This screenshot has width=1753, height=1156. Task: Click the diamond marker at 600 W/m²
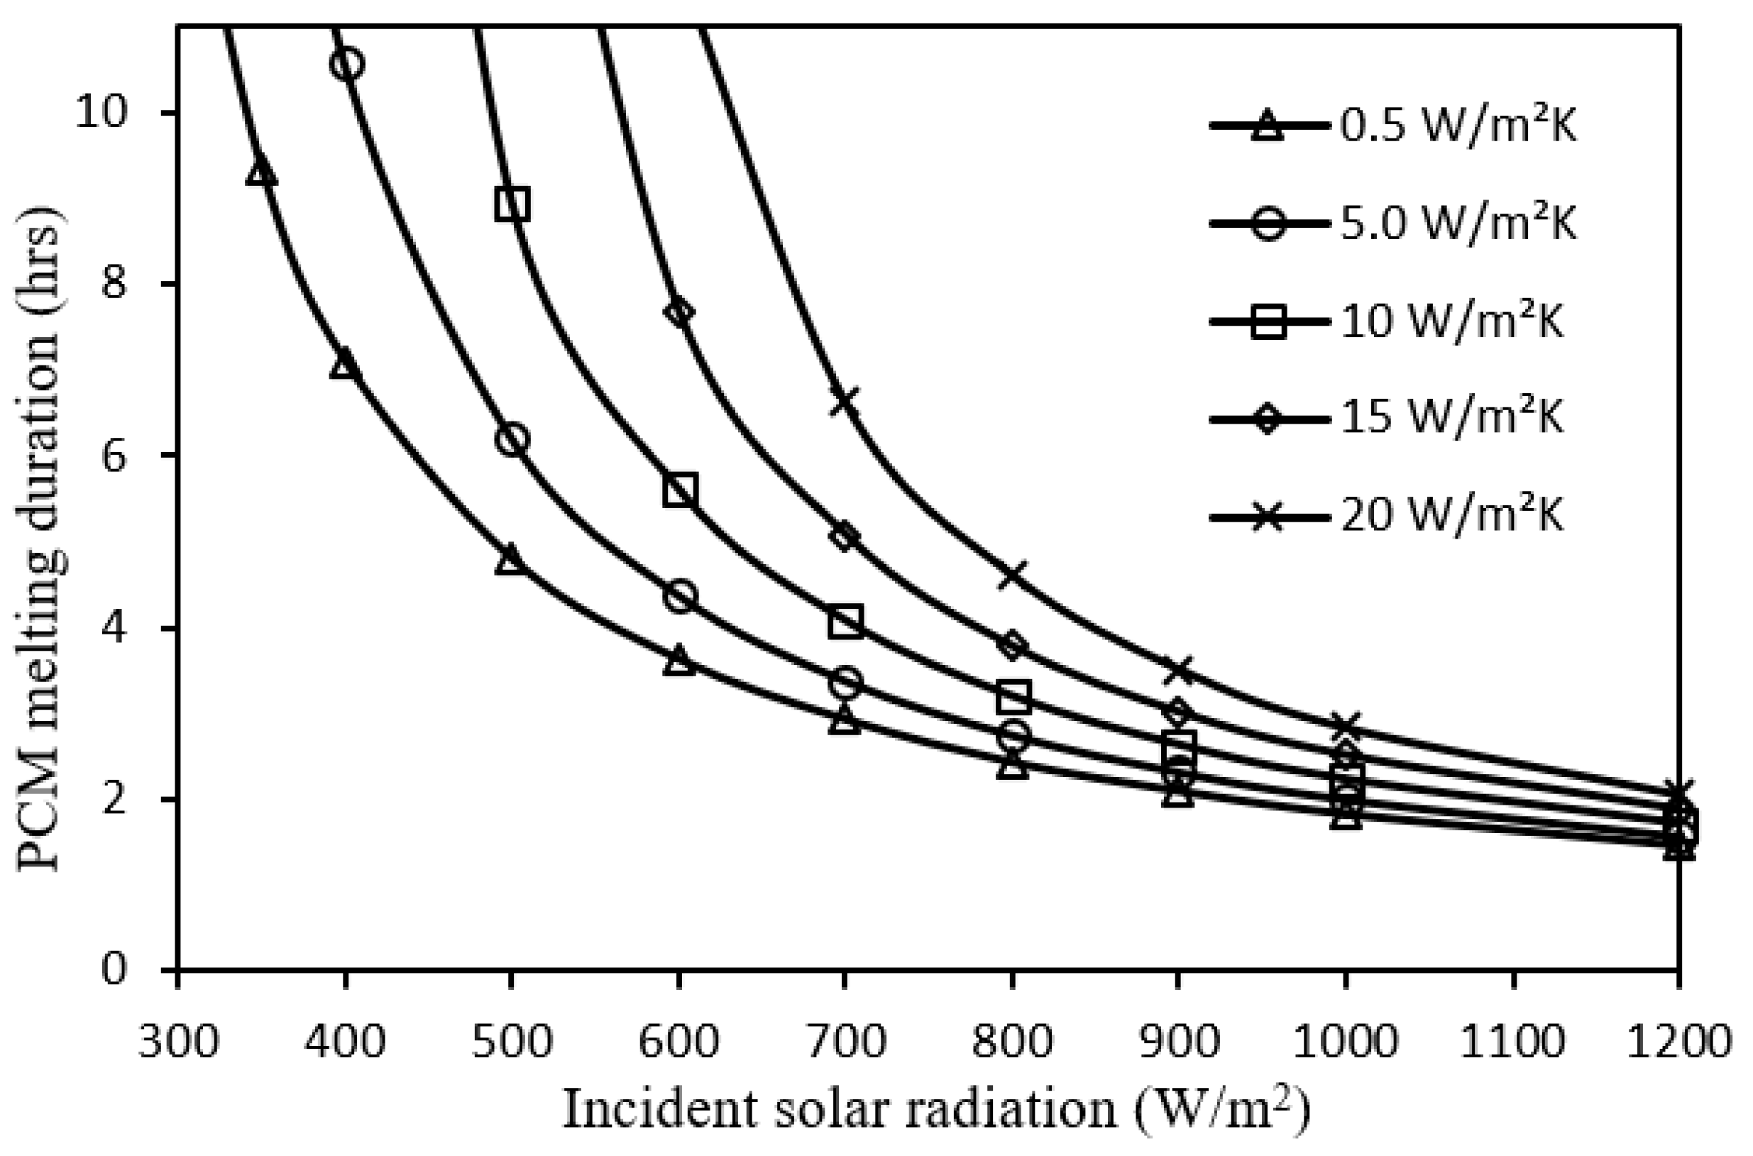pos(679,312)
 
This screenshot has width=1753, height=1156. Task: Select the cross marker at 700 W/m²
pos(845,402)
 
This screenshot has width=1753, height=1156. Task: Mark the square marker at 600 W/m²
pos(679,490)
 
